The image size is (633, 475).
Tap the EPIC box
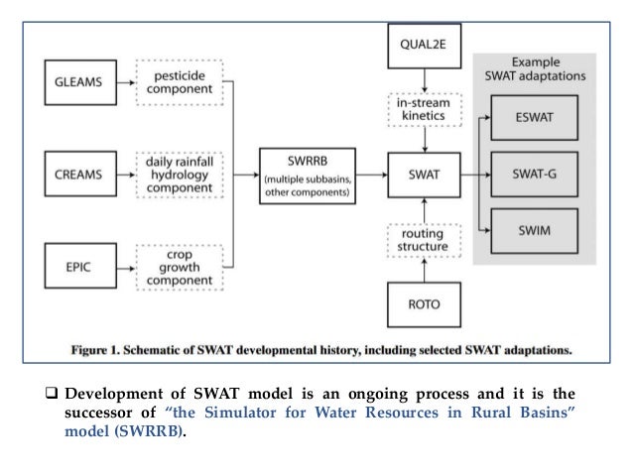tap(77, 269)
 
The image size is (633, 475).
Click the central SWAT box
tap(424, 178)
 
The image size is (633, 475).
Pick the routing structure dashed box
tap(424, 239)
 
